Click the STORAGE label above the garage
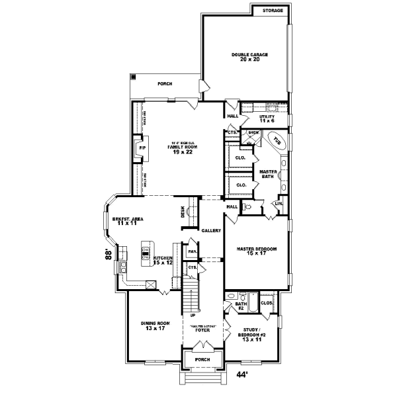[x=273, y=11]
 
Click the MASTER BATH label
[x=267, y=173]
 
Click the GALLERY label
[x=211, y=231]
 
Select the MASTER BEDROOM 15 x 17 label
[x=256, y=251]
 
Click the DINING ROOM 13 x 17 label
[x=157, y=325]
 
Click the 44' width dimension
[x=242, y=375]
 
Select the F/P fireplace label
[x=141, y=148]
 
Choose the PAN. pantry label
[x=192, y=251]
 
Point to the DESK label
[x=183, y=212]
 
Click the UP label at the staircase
[x=193, y=315]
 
